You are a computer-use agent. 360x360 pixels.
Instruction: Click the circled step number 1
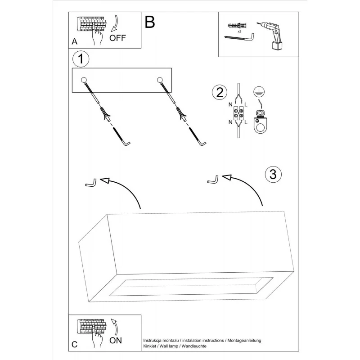81,58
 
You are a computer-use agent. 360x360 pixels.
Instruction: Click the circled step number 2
219,92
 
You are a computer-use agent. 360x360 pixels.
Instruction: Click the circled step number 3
273,174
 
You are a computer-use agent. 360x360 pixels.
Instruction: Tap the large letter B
150,22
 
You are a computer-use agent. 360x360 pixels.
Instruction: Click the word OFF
118,38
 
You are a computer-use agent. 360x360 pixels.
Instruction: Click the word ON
116,340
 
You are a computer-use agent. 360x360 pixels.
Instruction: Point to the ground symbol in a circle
258,91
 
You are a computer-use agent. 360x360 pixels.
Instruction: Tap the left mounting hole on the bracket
84,80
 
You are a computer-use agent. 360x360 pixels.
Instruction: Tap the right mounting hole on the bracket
160,80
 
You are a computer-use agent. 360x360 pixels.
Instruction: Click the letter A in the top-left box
74,42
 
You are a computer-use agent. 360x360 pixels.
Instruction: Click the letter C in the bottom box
74,345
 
